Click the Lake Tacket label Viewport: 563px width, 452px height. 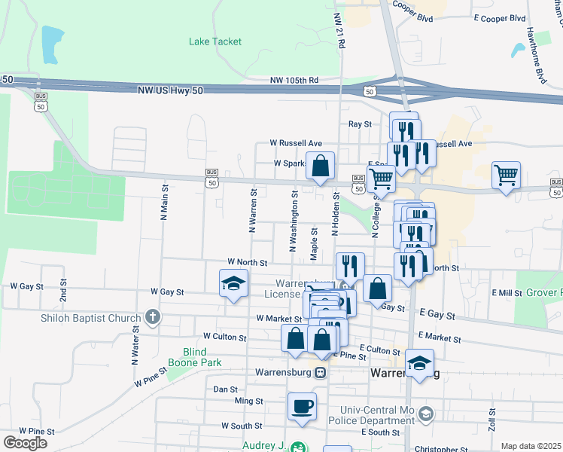215,41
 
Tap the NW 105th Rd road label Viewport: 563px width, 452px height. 294,80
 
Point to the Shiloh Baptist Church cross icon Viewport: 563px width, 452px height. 153,316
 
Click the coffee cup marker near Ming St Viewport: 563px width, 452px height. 303,406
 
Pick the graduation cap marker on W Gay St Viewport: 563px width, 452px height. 233,284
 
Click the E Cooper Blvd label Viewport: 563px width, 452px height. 499,17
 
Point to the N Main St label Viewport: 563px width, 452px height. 163,202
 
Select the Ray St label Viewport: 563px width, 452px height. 360,124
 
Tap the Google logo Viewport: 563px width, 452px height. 25,442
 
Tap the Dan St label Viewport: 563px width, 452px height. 226,389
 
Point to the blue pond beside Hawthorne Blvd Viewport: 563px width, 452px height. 518,50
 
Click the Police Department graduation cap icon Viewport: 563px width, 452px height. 427,414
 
